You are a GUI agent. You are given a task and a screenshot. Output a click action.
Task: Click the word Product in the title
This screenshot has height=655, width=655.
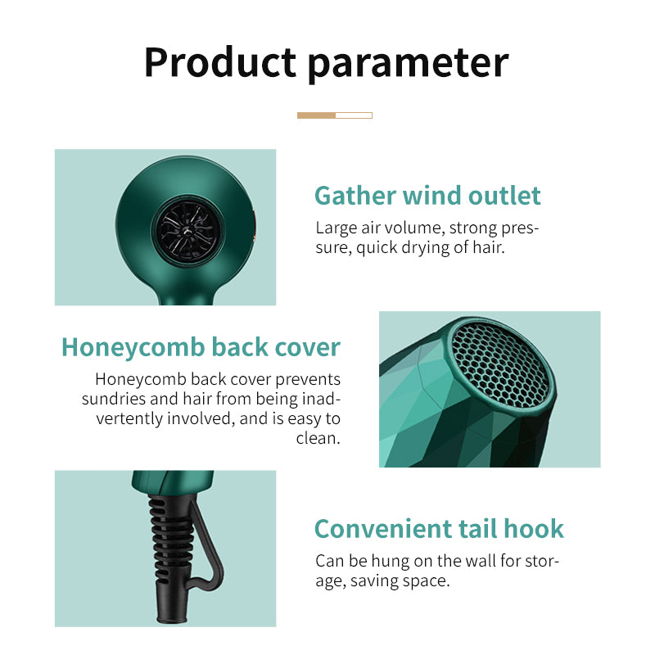coord(219,62)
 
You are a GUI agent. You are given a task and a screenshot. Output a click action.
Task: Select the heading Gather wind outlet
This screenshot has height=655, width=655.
coord(427,196)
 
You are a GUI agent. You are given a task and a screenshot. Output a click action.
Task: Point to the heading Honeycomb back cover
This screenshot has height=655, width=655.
coord(201,346)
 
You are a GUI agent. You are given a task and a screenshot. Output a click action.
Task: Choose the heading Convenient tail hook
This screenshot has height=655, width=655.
coord(439,528)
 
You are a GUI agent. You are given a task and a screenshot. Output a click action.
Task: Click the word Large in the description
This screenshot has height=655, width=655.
coord(337,228)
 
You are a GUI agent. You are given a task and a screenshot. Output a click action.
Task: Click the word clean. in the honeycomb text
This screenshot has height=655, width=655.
coord(318,438)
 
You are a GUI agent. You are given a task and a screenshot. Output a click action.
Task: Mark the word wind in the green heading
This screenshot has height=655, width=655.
coord(432,196)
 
